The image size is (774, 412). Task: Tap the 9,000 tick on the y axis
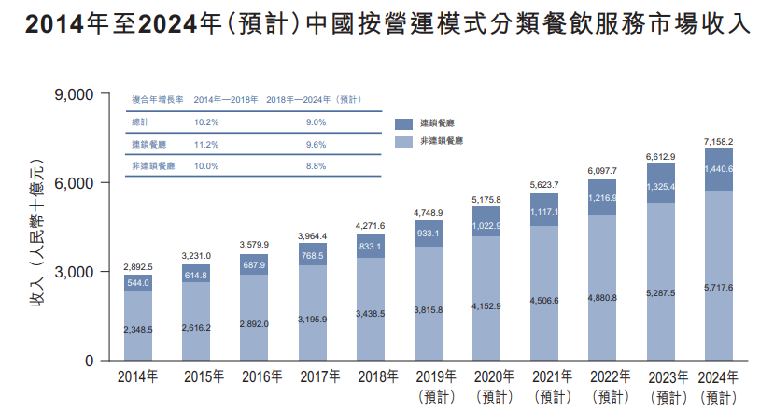75,94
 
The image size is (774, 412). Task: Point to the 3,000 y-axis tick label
75,272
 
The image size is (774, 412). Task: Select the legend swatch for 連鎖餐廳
403,123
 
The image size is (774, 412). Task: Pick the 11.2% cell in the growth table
205,145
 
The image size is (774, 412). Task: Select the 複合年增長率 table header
151,99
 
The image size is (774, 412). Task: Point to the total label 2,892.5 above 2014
137,267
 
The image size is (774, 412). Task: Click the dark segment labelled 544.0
137,283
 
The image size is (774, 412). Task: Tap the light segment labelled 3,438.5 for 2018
370,313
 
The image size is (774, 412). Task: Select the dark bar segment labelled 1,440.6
717,169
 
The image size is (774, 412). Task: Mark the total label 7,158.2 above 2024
717,141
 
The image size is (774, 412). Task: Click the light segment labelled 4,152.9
486,305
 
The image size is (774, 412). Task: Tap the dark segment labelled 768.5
312,255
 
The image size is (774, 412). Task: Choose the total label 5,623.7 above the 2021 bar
543,186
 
